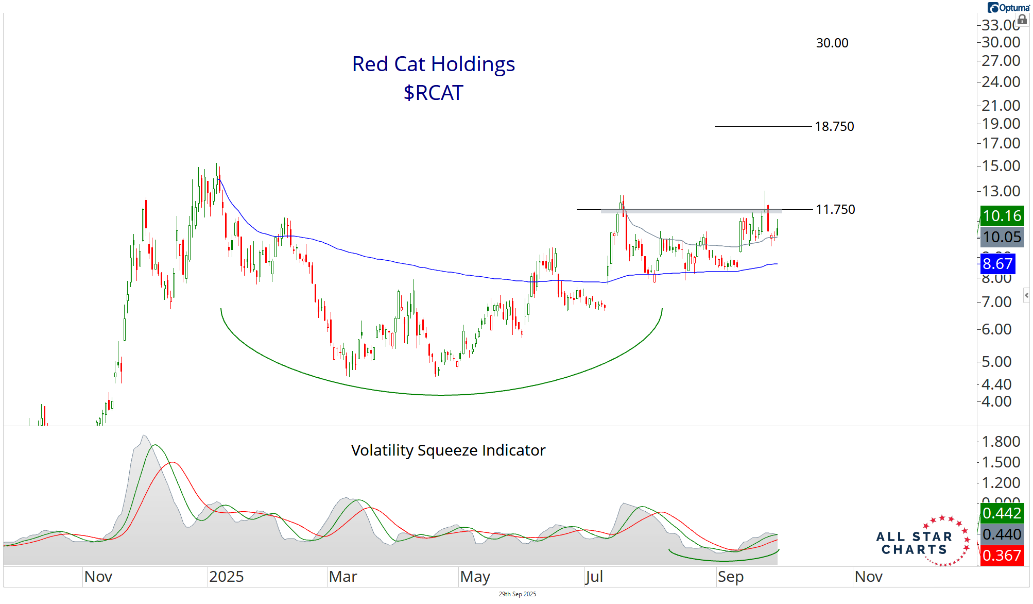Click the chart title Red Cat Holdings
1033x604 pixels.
pos(433,64)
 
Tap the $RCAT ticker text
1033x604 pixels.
pos(433,93)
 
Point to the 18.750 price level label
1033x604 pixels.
pos(834,126)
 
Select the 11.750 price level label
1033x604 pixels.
pos(835,209)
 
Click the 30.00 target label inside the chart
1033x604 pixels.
pos(832,43)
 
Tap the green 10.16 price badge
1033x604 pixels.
pos(1002,215)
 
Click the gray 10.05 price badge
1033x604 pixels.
pos(1002,237)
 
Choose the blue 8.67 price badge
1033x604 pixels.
pos(997,264)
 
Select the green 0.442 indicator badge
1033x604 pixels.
pos(1002,513)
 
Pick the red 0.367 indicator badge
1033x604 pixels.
pos(1002,556)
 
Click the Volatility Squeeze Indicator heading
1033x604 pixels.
pos(448,450)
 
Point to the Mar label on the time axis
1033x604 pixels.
pos(343,577)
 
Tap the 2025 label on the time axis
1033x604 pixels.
pos(226,577)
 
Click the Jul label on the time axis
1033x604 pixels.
pos(594,577)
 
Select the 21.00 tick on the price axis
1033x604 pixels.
pos(1001,106)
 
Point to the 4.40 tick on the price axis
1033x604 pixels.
pos(996,384)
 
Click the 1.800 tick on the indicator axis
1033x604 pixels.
pos(1001,442)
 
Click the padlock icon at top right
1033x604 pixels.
pos(1022,20)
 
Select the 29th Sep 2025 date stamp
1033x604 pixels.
pos(517,594)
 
